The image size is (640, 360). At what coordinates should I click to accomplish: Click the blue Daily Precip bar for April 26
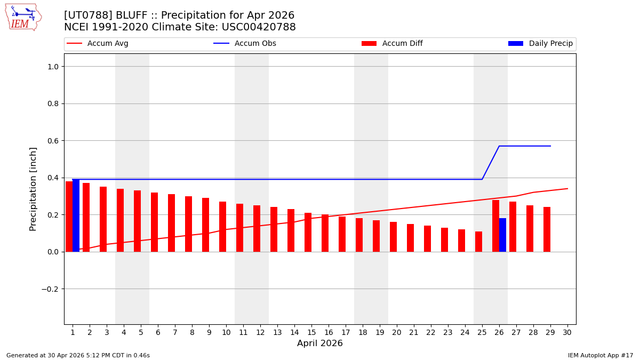coord(502,235)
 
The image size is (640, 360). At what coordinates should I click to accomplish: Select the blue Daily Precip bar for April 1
coord(76,215)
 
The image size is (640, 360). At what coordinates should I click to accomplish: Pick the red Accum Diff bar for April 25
coord(478,242)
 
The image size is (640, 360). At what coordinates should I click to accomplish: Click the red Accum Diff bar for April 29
coord(547,229)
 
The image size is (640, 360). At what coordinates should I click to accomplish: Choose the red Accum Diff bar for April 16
coord(325,233)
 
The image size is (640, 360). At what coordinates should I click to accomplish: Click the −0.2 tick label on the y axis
coord(51,289)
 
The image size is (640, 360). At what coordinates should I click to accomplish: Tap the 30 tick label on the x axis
coord(567,332)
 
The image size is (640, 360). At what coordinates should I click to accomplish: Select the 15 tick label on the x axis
coord(311,332)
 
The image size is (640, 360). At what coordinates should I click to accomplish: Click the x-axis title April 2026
coord(320,343)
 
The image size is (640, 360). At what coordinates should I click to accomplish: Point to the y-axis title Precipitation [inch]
coord(33,189)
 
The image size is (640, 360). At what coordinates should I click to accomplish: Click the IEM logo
coord(23,17)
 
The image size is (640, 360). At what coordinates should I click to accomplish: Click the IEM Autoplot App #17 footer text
coord(601,355)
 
